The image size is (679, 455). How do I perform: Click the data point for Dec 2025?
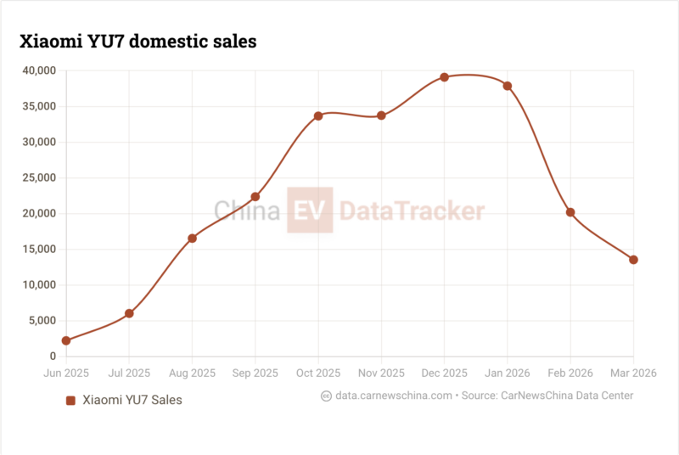[x=444, y=77]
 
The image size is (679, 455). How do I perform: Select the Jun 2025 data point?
[x=66, y=340]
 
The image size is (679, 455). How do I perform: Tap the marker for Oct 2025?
[x=318, y=115]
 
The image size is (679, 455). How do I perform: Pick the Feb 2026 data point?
[x=570, y=212]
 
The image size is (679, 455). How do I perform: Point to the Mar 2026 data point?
[x=633, y=260]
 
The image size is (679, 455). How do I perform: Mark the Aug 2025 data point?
[x=192, y=239]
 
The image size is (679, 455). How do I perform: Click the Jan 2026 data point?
[x=508, y=86]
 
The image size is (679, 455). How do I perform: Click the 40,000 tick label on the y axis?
[x=38, y=70]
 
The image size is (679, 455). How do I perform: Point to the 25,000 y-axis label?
[x=38, y=177]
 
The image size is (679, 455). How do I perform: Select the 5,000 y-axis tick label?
[x=42, y=321]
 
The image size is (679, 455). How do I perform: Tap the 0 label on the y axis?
[x=53, y=357]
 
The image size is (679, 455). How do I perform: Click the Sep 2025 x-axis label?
[x=255, y=373]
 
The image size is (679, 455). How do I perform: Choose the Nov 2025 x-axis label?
[x=381, y=373]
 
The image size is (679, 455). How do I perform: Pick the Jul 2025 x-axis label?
[x=129, y=373]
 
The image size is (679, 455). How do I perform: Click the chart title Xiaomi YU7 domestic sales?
[x=137, y=40]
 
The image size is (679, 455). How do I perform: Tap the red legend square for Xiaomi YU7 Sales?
[x=71, y=400]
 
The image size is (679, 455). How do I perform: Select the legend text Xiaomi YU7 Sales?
[x=132, y=400]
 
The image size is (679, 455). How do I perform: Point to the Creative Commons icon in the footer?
[x=326, y=396]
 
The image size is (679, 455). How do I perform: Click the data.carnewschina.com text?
[x=394, y=396]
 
